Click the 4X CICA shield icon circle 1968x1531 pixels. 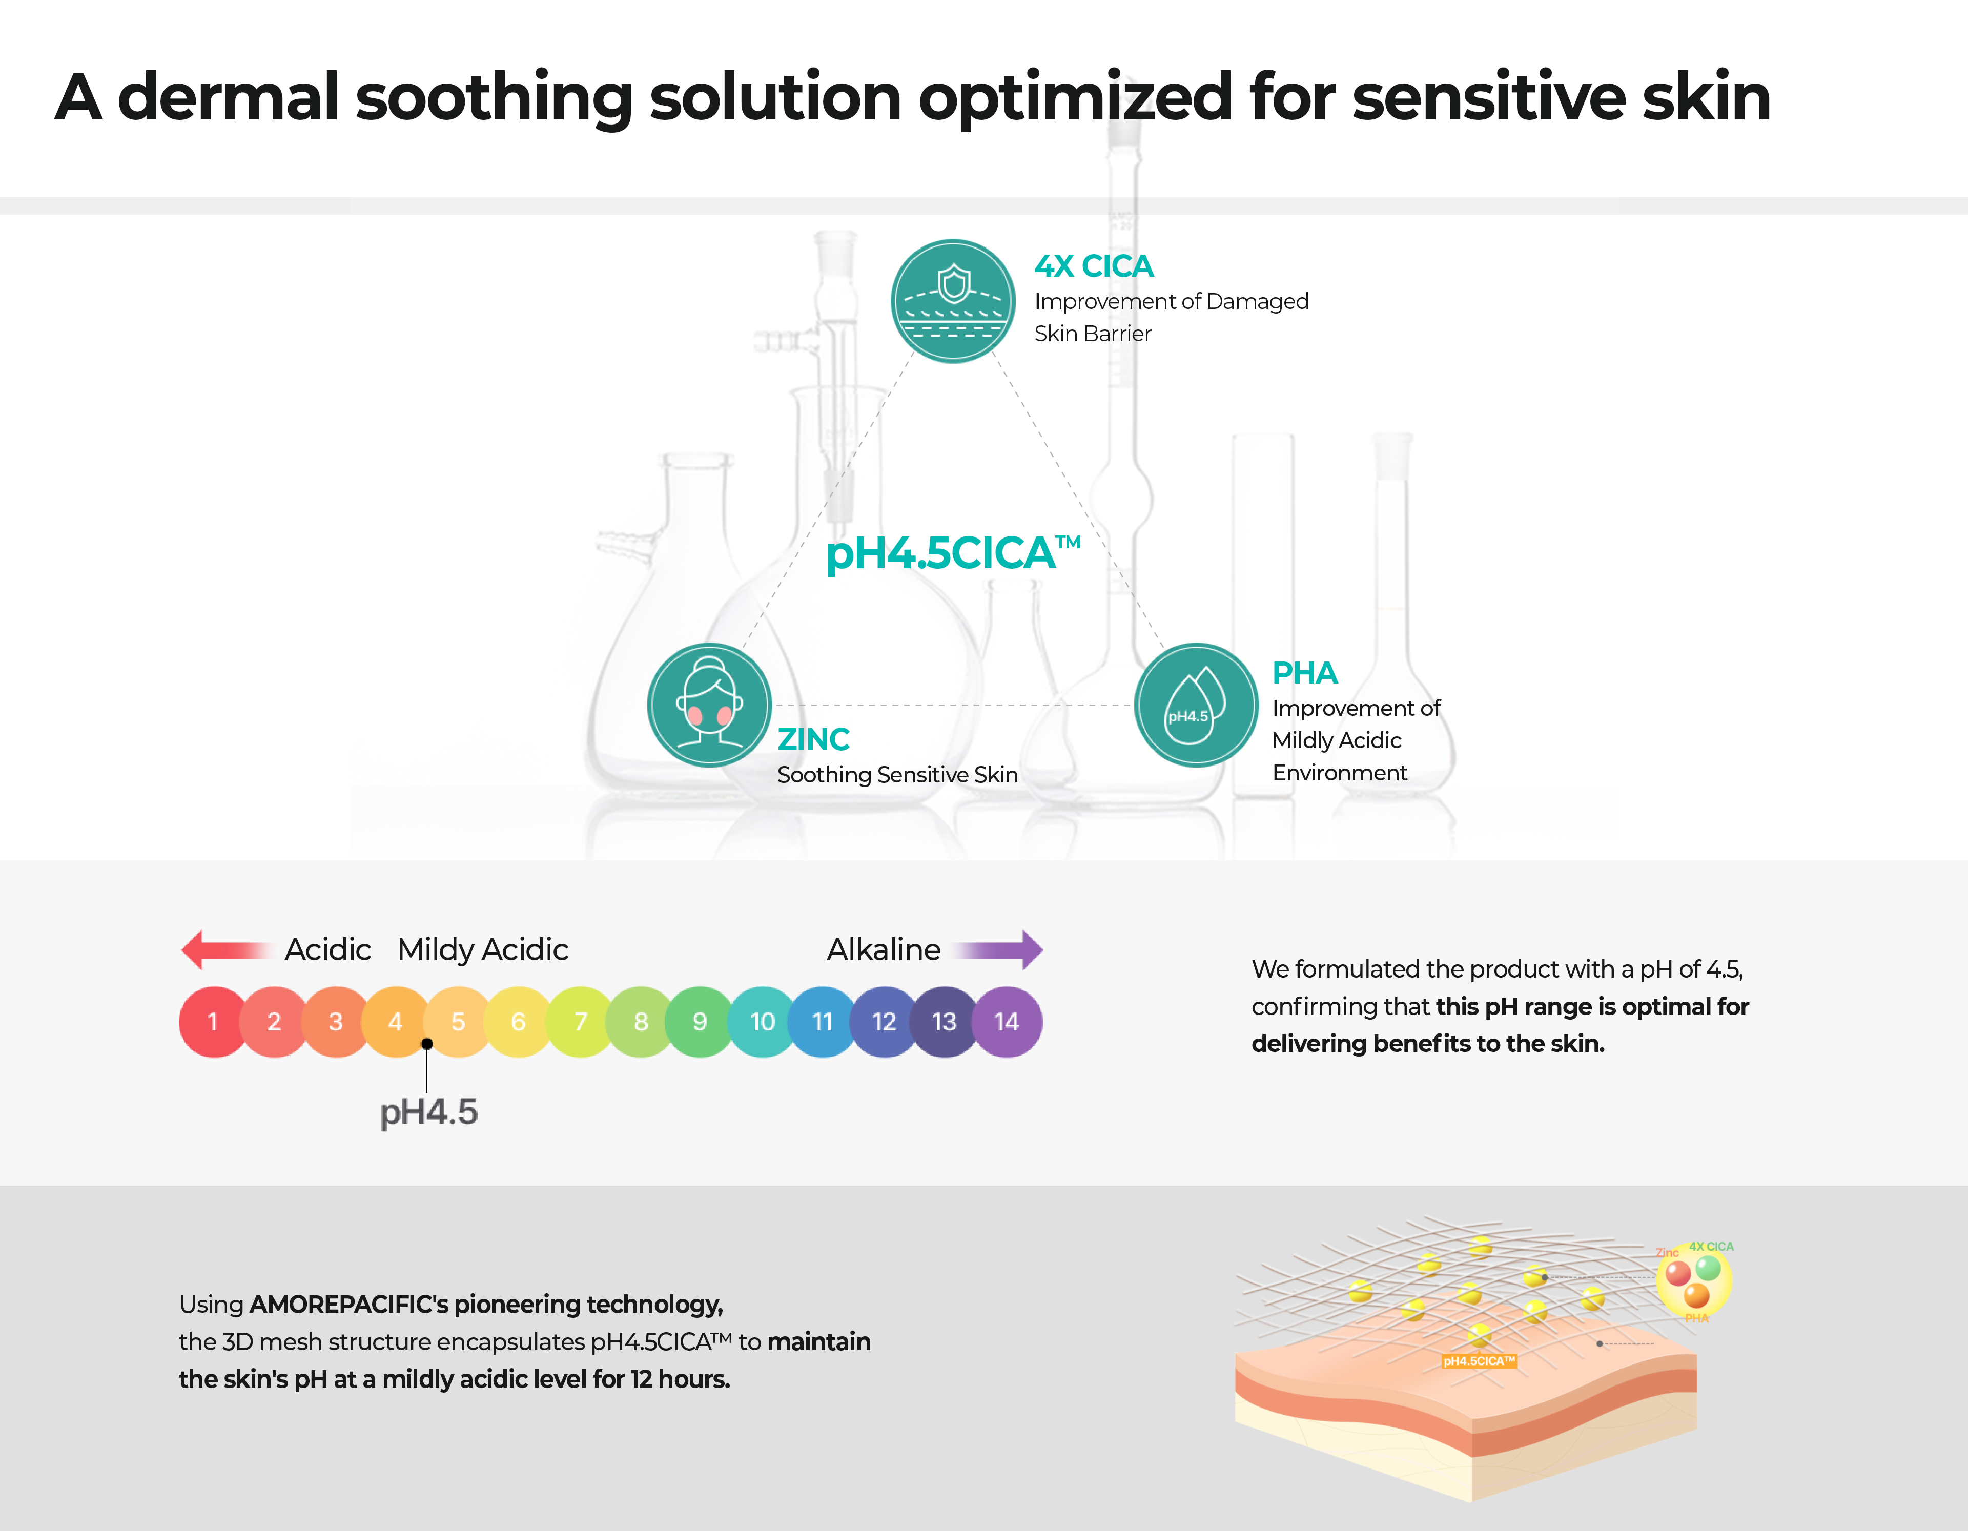coord(952,301)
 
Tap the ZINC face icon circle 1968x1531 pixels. coord(709,705)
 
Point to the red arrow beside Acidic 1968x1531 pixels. coord(225,950)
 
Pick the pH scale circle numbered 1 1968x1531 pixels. coord(213,1022)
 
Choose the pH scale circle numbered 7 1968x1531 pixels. coord(580,1022)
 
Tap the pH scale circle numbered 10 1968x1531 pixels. coord(762,1022)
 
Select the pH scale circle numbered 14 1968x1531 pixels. coord(1007,1022)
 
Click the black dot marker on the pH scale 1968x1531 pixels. coord(427,1044)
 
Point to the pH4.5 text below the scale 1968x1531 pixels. coord(429,1112)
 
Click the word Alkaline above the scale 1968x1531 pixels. coord(883,950)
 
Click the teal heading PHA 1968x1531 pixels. coord(1304,673)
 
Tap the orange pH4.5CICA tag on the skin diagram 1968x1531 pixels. coord(1479,1361)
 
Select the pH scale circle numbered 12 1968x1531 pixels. coord(884,1022)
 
